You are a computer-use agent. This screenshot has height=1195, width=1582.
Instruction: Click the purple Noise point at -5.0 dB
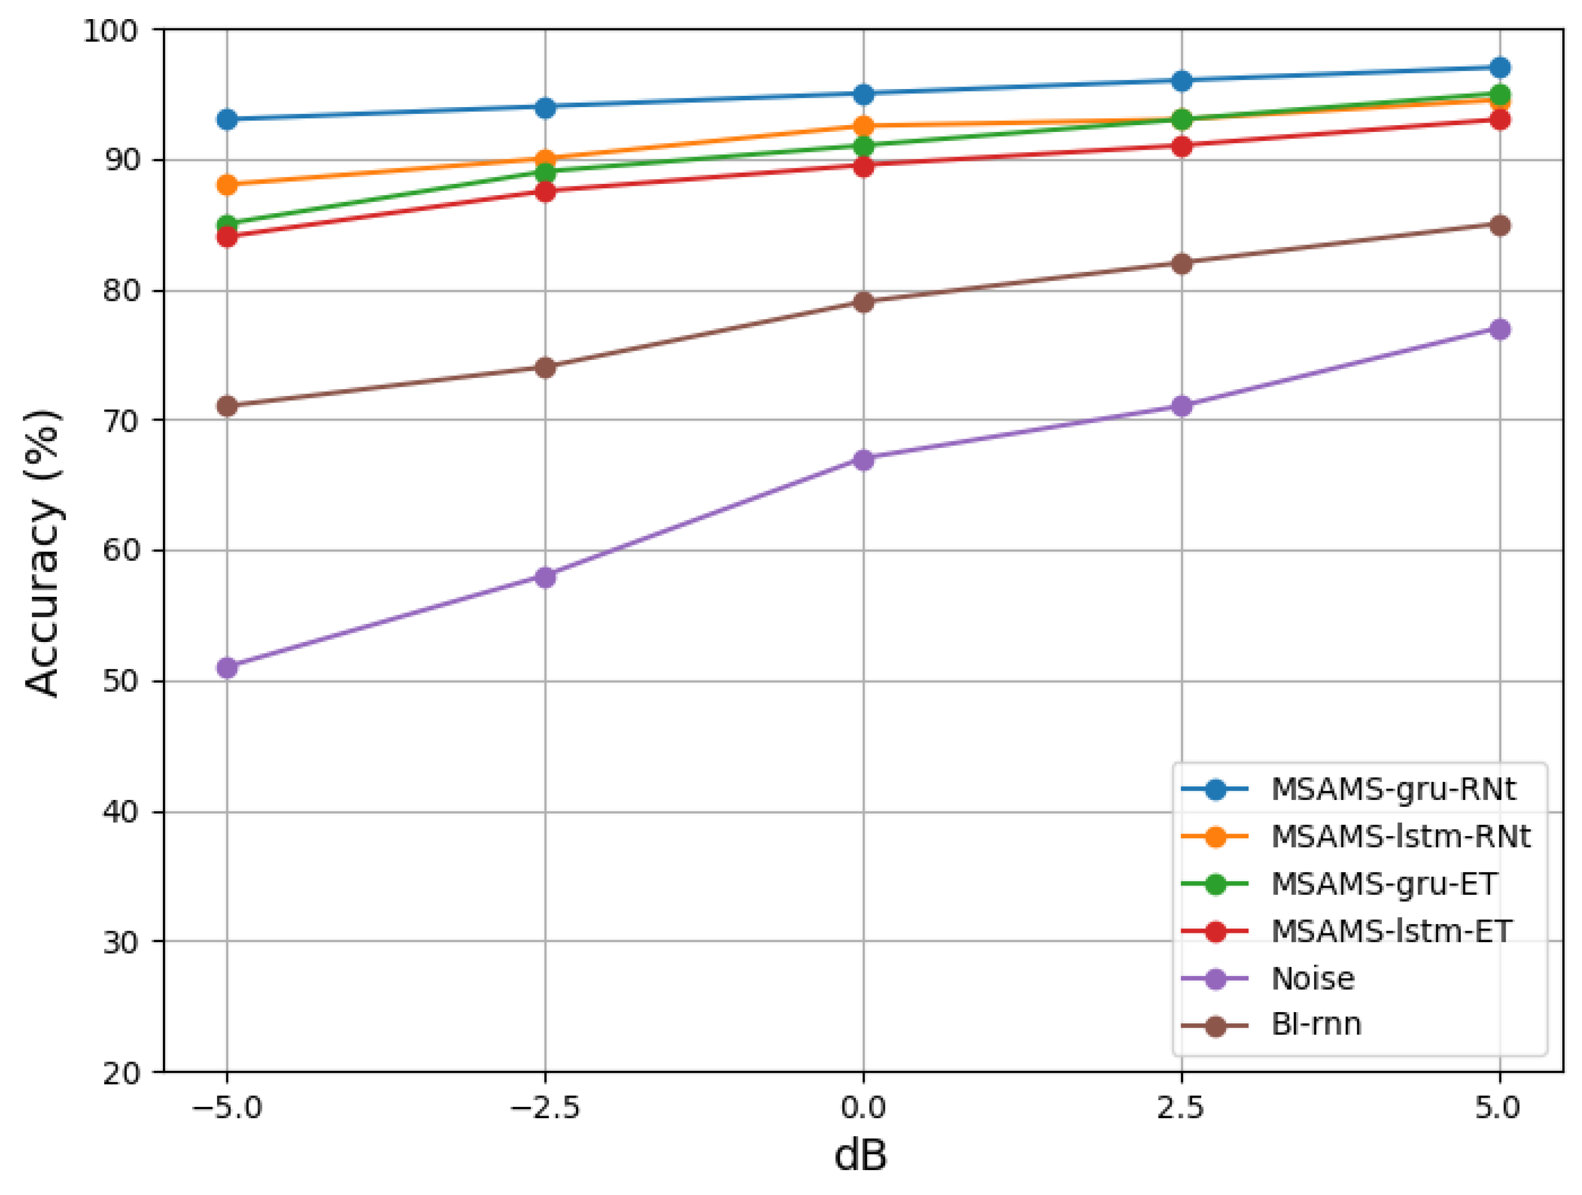(227, 668)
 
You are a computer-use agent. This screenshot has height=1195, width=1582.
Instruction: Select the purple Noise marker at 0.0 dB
(863, 459)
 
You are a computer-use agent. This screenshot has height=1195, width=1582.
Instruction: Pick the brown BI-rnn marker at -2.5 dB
(545, 368)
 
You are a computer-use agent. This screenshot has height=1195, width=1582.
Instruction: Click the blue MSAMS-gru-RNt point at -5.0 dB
(227, 119)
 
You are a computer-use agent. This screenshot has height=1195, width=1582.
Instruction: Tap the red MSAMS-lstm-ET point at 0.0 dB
(863, 166)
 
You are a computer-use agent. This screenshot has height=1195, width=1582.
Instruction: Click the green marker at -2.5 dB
(545, 172)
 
